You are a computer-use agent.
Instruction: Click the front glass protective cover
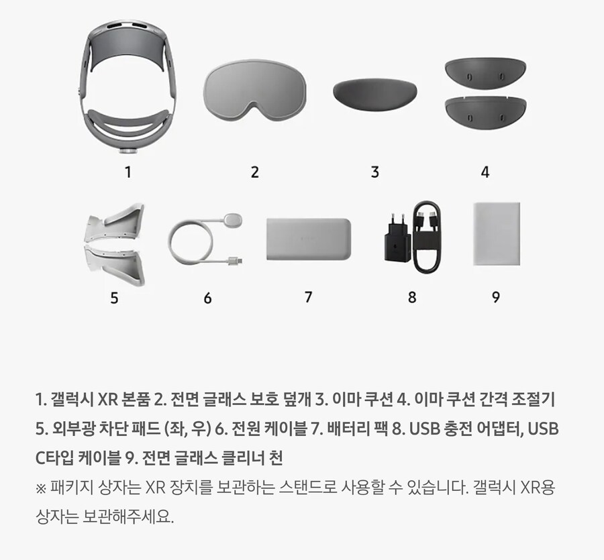pyautogui.click(x=254, y=89)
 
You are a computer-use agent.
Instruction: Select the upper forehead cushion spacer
pyautogui.click(x=485, y=74)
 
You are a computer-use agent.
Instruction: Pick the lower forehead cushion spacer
pyautogui.click(x=485, y=113)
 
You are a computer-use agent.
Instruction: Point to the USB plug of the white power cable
pyautogui.click(x=235, y=262)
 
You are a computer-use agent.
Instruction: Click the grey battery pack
pyautogui.click(x=309, y=239)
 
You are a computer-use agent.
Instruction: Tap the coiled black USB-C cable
pyautogui.click(x=427, y=237)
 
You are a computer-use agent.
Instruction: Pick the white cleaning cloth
pyautogui.click(x=497, y=233)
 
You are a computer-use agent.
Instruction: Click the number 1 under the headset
pyautogui.click(x=128, y=172)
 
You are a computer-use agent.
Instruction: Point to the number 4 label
pyautogui.click(x=485, y=172)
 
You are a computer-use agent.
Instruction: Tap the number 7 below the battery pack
pyautogui.click(x=308, y=297)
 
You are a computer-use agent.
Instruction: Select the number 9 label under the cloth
pyautogui.click(x=496, y=297)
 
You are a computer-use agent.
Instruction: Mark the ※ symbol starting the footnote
pyautogui.click(x=40, y=488)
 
